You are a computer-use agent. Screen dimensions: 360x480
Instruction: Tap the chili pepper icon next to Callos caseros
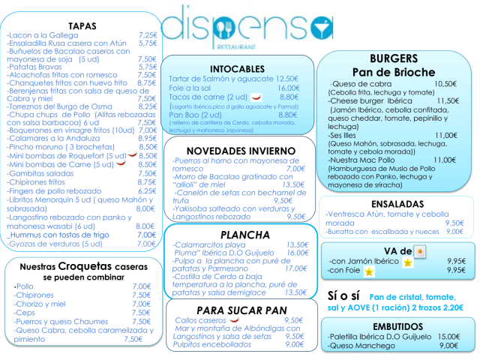[235, 321]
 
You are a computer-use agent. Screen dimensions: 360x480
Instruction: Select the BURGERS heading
[394, 58]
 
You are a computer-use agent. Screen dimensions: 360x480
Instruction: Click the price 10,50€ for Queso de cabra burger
[445, 84]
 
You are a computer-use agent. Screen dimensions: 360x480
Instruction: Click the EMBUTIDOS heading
[397, 325]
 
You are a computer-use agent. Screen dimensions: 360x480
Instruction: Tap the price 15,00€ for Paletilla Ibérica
[448, 337]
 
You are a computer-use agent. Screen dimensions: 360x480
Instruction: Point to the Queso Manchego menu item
[356, 346]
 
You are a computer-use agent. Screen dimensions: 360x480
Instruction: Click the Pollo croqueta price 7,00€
[142, 286]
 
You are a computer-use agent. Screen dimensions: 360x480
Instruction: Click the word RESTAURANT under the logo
[236, 45]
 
